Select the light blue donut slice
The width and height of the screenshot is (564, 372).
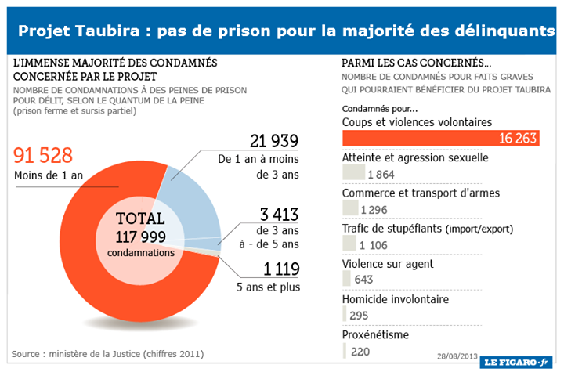[192, 196]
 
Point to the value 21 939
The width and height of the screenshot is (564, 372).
[275, 141]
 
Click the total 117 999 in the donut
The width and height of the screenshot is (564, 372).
[140, 236]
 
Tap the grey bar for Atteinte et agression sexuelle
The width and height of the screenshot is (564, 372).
[353, 172]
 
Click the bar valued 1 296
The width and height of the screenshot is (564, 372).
[350, 208]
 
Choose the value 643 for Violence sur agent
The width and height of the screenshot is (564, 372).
[363, 280]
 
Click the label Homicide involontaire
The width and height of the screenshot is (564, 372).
[396, 299]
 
